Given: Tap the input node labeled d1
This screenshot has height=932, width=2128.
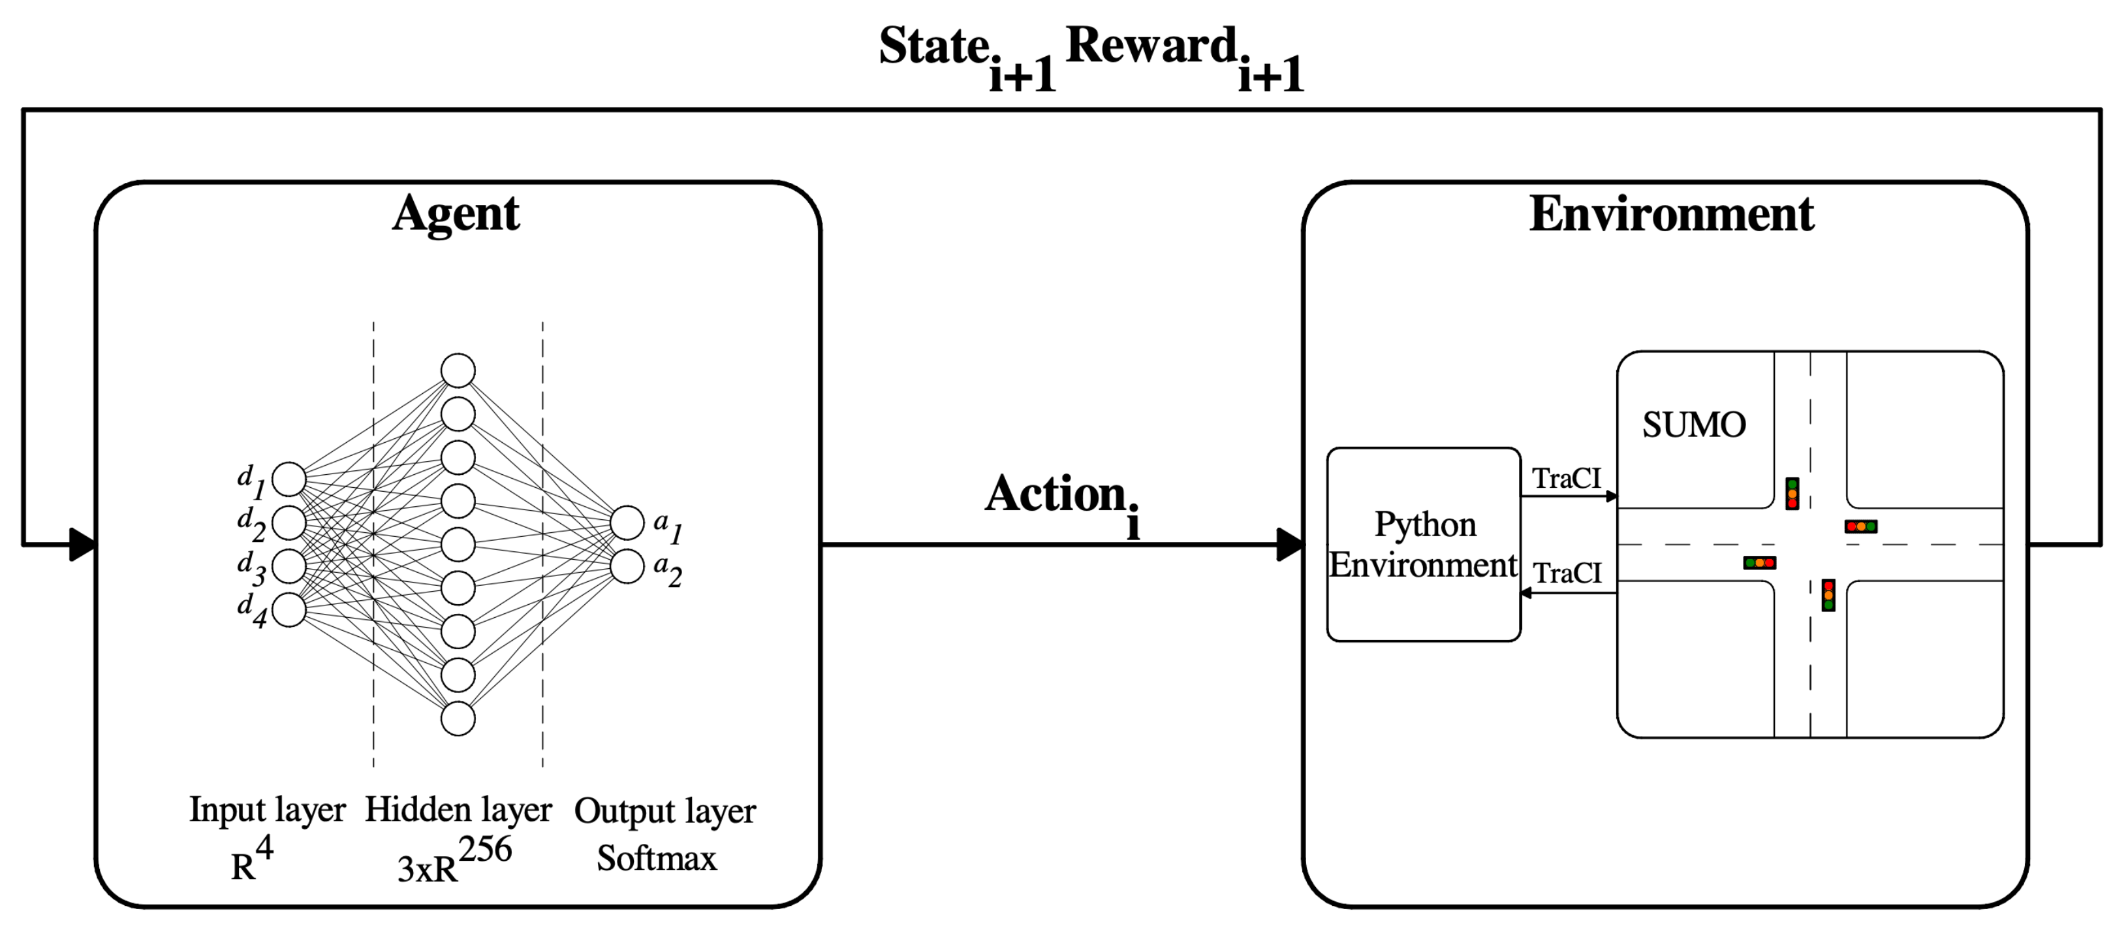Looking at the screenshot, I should click(x=289, y=479).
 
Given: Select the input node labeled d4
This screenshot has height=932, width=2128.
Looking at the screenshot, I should click(x=289, y=610).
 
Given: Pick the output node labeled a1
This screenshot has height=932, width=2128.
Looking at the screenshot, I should click(x=627, y=523).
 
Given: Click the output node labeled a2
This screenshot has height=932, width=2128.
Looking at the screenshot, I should click(x=627, y=567).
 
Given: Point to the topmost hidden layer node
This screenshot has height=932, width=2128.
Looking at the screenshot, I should click(x=458, y=370).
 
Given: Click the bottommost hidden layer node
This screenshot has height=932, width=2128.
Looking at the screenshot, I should click(x=458, y=718).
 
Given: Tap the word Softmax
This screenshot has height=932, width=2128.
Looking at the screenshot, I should click(x=657, y=858).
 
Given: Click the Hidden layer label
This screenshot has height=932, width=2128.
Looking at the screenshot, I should click(x=458, y=810).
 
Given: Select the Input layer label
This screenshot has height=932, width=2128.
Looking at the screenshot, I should click(x=267, y=810).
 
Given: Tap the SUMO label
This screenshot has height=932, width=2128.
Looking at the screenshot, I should click(x=1693, y=425).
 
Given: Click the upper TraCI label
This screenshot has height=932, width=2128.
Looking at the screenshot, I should click(x=1566, y=478).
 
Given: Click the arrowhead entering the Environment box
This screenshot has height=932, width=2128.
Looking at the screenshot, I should click(x=1289, y=545).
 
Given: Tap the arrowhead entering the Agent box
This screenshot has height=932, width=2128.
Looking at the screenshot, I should click(x=83, y=545).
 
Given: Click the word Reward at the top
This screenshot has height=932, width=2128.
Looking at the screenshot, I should click(x=1151, y=46).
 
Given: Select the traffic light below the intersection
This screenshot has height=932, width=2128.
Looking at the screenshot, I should click(x=1828, y=595).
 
